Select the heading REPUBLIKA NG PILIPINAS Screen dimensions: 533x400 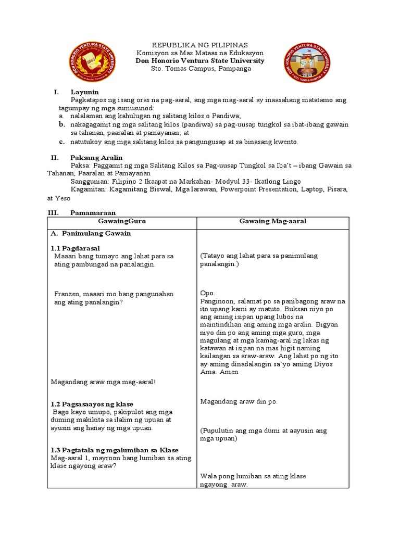tap(199, 45)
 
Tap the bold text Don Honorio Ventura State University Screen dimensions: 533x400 tap(199, 61)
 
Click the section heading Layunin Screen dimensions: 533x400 tap(82, 92)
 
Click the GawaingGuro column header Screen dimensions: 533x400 tap(122, 221)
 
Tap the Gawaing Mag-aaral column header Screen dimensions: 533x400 tap(272, 221)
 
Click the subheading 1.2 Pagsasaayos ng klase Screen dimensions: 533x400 tap(92, 404)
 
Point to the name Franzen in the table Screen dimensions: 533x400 tap(66, 294)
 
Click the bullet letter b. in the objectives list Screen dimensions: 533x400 tap(61, 124)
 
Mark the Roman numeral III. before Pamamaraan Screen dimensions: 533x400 tap(54, 212)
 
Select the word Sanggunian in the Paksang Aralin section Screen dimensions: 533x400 tap(89, 182)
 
